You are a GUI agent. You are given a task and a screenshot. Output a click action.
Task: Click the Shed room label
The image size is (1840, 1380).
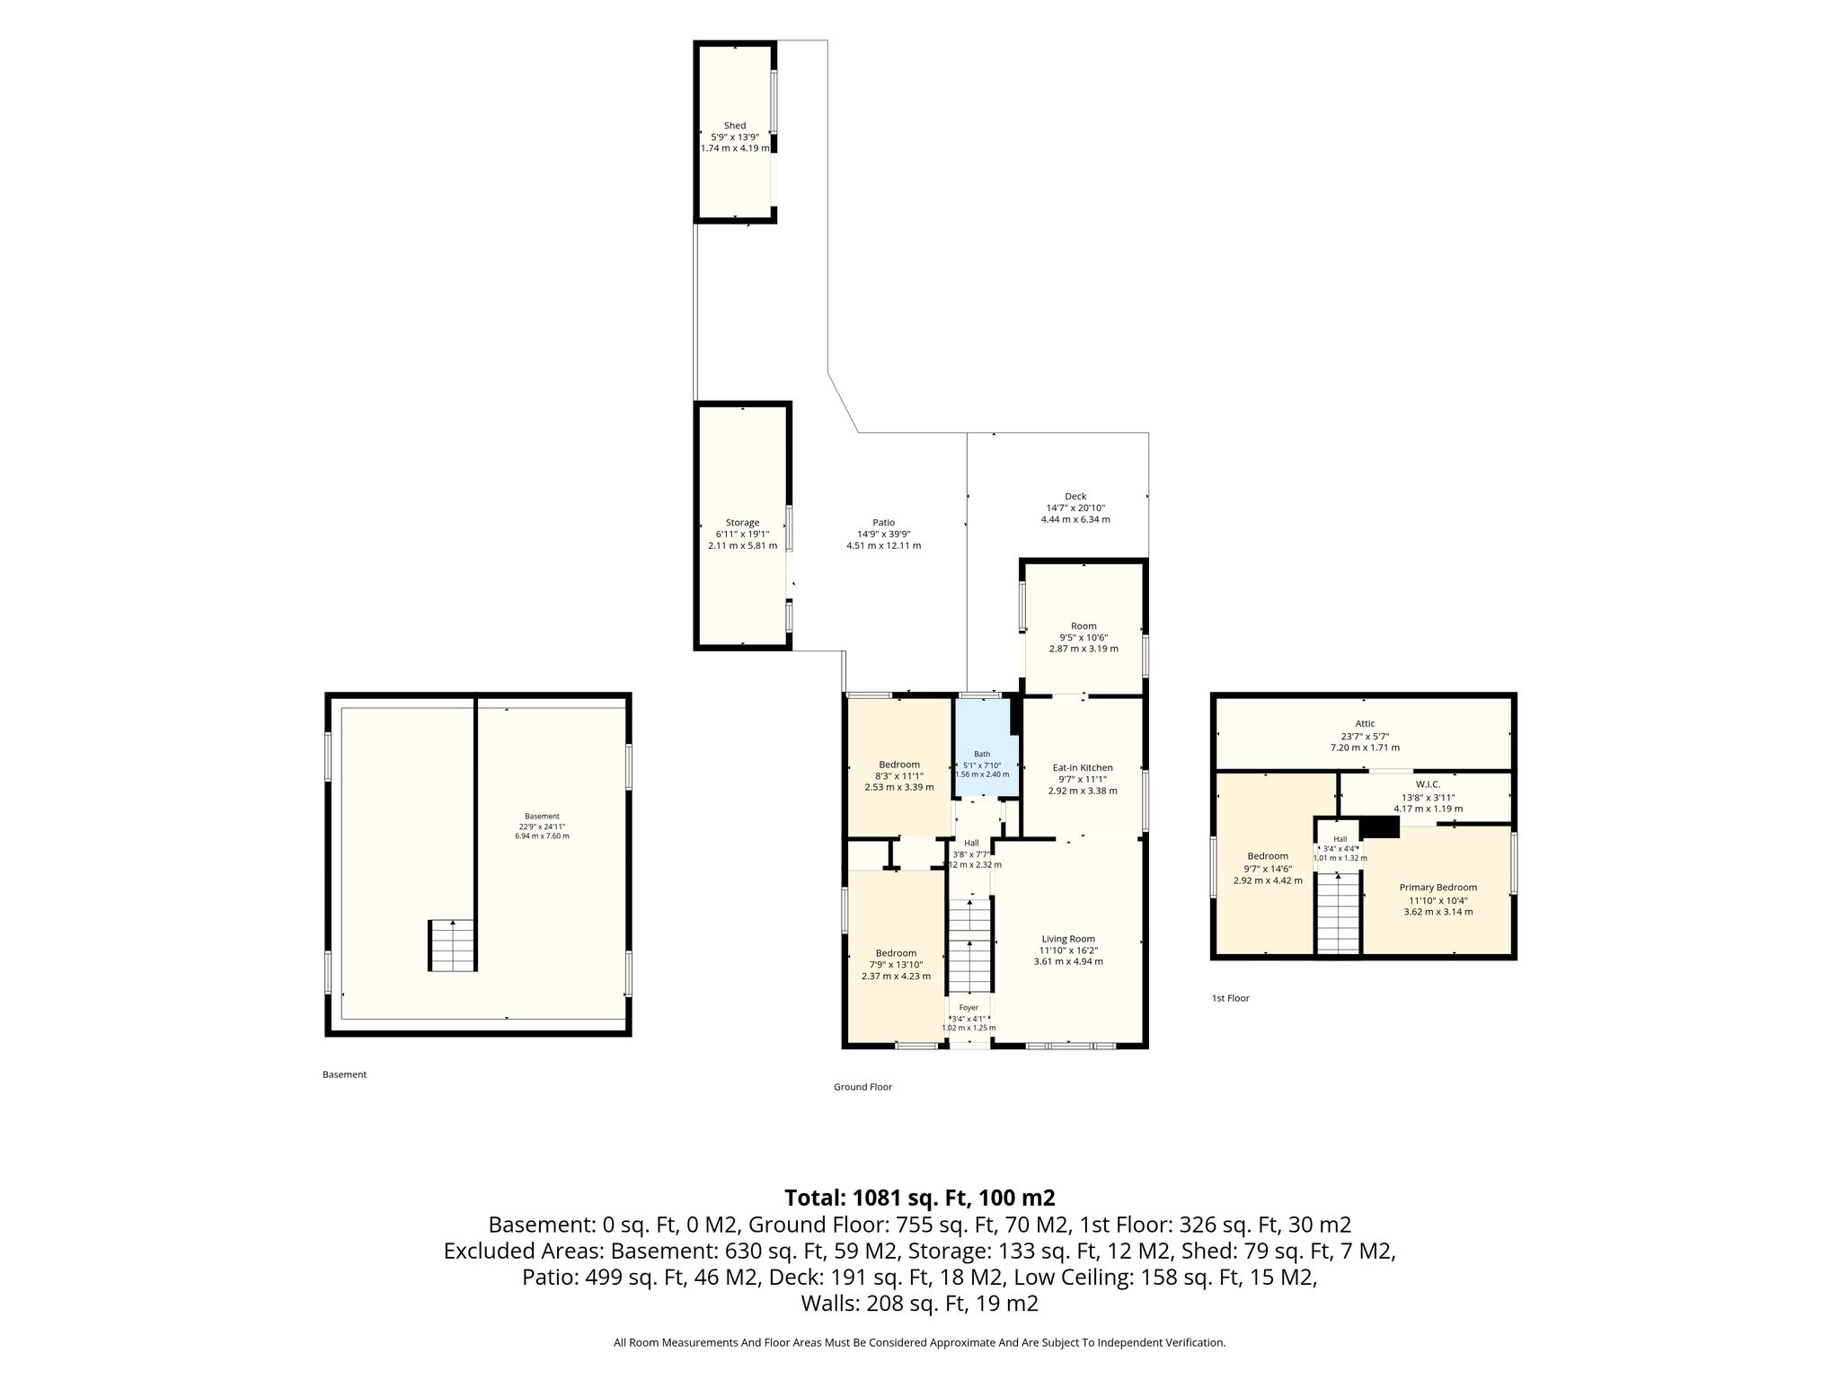tap(735, 126)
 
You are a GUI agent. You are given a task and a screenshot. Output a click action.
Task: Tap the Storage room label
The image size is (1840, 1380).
tap(742, 523)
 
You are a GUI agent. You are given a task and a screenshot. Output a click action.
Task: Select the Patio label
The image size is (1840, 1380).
tap(883, 523)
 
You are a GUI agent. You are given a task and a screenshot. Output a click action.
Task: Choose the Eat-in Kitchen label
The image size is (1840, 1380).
tap(1083, 768)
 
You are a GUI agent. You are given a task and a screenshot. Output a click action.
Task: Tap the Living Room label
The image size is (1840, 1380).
tap(1068, 940)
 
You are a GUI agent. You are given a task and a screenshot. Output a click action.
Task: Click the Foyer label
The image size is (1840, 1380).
tap(969, 1008)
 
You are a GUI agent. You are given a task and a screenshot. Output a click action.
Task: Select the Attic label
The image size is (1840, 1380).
tap(1365, 724)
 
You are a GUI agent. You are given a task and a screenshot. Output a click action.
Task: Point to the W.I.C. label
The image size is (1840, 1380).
tap(1428, 784)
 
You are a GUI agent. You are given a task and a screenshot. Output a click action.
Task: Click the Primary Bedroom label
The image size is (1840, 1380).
tap(1438, 888)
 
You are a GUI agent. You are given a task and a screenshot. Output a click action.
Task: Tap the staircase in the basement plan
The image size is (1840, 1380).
tap(451, 945)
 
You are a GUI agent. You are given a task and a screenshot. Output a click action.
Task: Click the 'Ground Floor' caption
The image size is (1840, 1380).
tap(862, 1087)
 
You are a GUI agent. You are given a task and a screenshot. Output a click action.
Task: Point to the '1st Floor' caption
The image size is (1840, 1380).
tap(1231, 998)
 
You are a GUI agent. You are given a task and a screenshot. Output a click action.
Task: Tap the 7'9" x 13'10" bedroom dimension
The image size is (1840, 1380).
tap(896, 965)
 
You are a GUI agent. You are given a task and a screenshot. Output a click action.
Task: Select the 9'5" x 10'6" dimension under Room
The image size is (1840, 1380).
tap(1084, 637)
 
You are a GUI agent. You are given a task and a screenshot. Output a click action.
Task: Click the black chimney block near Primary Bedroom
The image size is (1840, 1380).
tap(1381, 827)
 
